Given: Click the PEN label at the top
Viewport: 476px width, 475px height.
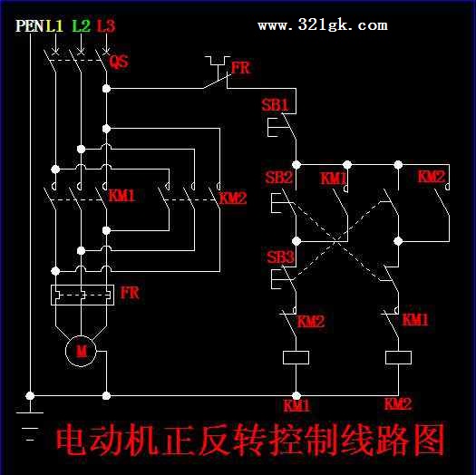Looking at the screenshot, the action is [x=29, y=25].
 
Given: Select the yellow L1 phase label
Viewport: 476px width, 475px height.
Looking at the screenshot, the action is [x=54, y=25].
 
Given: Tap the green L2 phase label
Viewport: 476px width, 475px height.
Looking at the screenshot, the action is [x=82, y=25].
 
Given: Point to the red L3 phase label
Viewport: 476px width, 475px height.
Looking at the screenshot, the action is [x=106, y=25].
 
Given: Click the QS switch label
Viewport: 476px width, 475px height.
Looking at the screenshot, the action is [x=119, y=62].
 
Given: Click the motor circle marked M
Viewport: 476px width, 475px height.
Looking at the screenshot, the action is [x=81, y=351].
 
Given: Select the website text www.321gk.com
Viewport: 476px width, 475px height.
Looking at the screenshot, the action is [x=323, y=24].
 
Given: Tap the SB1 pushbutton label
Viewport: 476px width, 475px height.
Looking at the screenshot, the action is [x=275, y=105].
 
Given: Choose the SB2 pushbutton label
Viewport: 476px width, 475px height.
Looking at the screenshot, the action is [x=278, y=178].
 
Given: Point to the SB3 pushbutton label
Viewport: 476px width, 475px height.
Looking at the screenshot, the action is [x=280, y=257].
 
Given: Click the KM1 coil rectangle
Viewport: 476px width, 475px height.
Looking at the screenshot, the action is [x=296, y=357].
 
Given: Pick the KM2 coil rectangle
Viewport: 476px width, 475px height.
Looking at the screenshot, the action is [x=398, y=357].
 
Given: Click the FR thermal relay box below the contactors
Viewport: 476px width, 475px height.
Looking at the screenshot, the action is [x=83, y=295].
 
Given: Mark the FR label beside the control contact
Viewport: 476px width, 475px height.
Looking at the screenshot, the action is [x=241, y=68].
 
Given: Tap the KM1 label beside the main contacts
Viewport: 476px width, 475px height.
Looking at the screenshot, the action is [x=121, y=196].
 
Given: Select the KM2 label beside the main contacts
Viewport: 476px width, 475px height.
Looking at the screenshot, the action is [x=233, y=199].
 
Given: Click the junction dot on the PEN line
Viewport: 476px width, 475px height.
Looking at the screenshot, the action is [x=30, y=396].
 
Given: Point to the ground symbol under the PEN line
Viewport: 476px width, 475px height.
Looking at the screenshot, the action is [x=30, y=426].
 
